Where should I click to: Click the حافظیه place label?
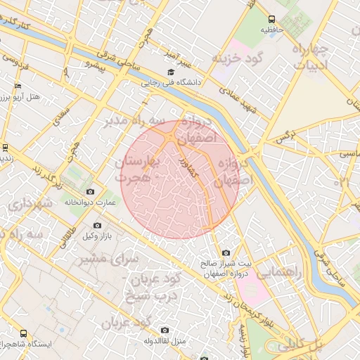pos(272,30)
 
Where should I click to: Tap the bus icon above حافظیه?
pos(272,20)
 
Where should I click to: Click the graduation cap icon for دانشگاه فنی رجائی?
pos(169,72)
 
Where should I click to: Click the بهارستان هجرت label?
pos(139,171)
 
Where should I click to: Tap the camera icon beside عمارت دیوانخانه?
pos(89,191)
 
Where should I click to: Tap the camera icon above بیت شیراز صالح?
pos(226,252)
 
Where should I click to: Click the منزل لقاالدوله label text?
pos(165,340)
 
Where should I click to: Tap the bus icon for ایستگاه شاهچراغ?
pos(24,334)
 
